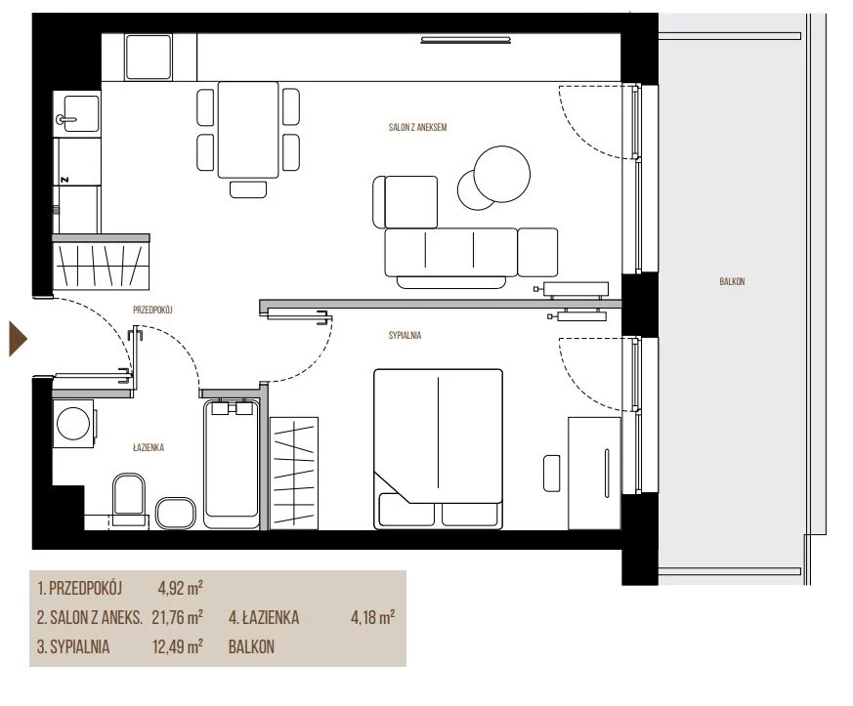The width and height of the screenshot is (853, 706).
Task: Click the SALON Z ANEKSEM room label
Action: (417, 127)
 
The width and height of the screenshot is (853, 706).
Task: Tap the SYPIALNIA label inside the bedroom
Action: (405, 335)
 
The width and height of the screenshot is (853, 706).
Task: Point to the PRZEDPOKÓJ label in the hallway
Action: (152, 310)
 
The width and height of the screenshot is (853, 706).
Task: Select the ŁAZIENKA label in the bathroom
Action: (148, 447)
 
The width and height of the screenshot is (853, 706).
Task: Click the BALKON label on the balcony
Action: (732, 281)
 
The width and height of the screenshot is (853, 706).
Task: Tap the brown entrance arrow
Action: (18, 339)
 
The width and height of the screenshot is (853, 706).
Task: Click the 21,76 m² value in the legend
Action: (178, 617)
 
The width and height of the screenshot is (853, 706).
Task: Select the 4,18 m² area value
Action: (372, 617)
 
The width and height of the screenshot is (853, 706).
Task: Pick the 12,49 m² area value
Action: (178, 646)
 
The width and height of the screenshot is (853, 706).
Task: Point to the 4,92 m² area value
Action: (180, 588)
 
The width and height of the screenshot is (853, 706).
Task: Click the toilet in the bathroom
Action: (129, 496)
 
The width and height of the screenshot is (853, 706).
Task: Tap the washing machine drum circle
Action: (73, 423)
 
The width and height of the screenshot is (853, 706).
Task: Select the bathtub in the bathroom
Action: (232, 464)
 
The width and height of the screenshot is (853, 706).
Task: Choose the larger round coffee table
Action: (501, 174)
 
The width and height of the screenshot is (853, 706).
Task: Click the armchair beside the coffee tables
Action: (405, 201)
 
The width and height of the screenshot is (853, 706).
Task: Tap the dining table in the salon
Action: (248, 130)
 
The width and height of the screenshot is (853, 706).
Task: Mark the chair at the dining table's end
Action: (248, 189)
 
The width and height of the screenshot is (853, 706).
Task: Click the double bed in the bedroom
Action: (438, 448)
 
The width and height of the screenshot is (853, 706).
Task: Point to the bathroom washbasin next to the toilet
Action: (176, 513)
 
